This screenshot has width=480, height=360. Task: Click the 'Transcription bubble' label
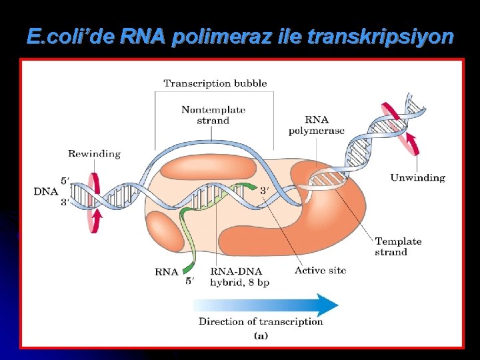pos(215,83)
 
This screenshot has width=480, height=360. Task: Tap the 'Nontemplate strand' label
pos(213,115)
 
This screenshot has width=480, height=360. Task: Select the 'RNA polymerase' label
pos(316,125)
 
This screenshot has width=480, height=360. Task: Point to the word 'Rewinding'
pos(94,153)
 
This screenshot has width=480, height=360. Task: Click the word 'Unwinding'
pos(417,177)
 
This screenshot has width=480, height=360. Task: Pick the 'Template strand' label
pos(398,247)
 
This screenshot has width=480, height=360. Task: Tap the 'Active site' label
pos(320,270)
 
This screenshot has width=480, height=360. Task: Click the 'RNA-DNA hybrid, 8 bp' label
pos(239,277)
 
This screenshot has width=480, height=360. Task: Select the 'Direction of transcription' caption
pos(261,321)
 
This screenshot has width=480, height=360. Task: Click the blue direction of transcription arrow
pos(267,305)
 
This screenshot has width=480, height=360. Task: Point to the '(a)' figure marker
pos(261,336)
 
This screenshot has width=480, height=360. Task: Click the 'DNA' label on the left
pos(45,191)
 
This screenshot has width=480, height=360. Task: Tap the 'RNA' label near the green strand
pos(166,271)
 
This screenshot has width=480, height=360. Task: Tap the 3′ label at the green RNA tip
pos(265,191)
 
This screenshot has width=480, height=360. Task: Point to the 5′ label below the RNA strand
pos(190,281)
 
